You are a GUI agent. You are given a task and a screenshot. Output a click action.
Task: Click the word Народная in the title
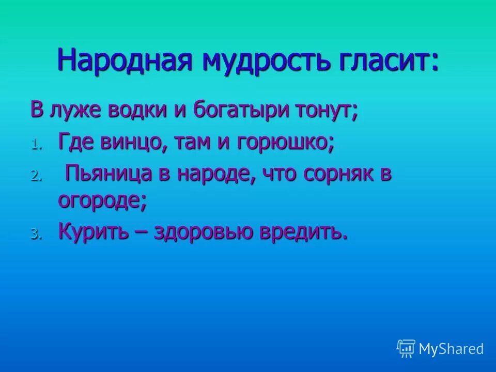tap(126, 60)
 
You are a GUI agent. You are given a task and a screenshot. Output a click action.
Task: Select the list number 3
tap(34, 234)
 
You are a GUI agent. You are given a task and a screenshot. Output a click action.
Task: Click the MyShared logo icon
tap(406, 348)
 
